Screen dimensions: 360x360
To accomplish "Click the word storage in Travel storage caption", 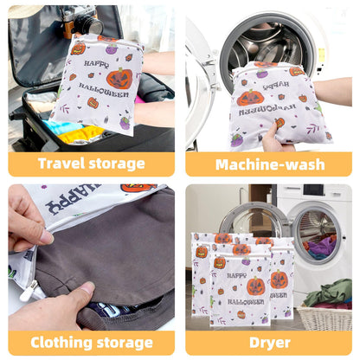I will coord(118,164).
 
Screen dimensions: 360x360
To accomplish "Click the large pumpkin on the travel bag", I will coord(119,79).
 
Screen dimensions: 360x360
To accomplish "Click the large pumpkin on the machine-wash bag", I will coord(249,98).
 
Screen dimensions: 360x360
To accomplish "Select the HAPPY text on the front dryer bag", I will coord(236,276).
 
